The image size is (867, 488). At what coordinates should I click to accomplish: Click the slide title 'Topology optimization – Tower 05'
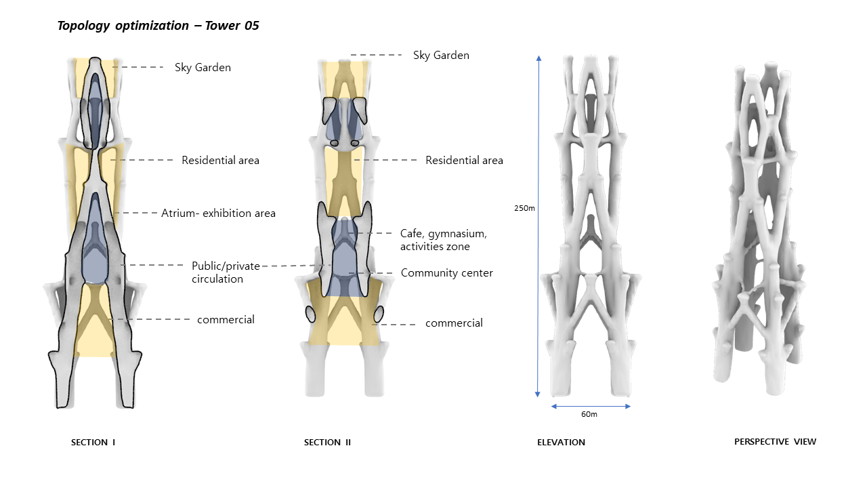pos(158,26)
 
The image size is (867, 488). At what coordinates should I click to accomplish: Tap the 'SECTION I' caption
pos(93,443)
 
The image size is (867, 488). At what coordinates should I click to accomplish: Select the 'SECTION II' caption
pos(327,443)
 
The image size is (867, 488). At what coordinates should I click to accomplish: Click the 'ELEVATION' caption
pos(561,443)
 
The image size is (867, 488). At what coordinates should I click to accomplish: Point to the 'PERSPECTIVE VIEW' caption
pos(775,442)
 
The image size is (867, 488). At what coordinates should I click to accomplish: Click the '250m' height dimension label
pos(524,209)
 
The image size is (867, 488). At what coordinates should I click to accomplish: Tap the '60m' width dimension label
pos(590,414)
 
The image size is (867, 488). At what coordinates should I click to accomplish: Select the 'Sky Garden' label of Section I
pos(203,68)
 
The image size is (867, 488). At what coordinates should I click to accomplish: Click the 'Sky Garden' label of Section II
pos(441,56)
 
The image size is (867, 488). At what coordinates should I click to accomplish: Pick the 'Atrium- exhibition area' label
pos(218,213)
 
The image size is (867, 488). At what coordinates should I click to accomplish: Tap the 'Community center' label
pos(446,273)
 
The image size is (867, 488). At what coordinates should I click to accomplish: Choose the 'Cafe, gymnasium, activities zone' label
pos(443,240)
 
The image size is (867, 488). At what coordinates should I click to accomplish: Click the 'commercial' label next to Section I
pos(226,319)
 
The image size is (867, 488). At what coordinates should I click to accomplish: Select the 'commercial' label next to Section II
pos(454,323)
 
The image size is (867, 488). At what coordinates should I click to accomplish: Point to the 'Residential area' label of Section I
pos(220,161)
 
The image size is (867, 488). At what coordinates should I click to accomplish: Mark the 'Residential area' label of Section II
pos(464,161)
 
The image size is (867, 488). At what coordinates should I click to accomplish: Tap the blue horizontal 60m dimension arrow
pos(591,406)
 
